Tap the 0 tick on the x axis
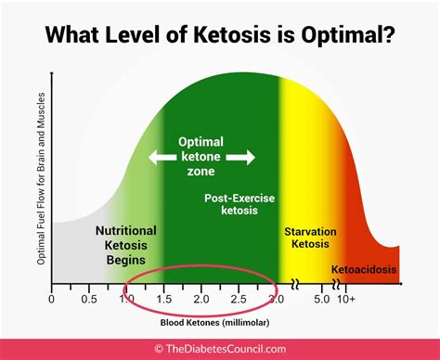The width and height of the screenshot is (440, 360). coord(51,301)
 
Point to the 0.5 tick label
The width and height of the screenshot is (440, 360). coord(89,301)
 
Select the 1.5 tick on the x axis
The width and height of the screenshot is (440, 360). coord(164,301)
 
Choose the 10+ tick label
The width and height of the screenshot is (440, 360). coord(344,301)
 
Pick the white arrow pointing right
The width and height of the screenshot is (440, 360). coord(241,158)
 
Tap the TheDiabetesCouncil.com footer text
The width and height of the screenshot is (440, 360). coord(227,348)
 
